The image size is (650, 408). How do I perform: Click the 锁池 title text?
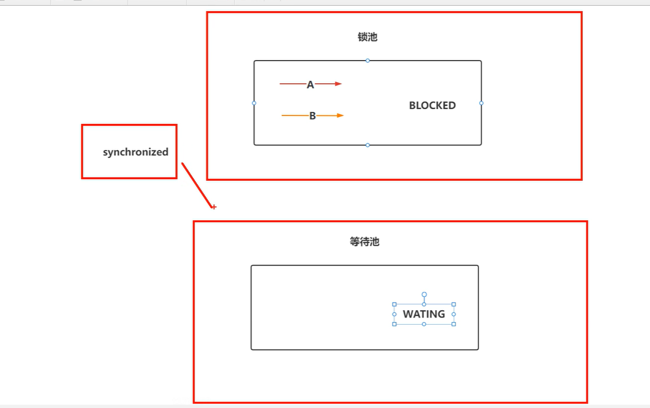click(367, 37)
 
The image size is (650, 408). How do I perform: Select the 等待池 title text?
click(364, 242)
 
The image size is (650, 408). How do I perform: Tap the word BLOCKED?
click(432, 105)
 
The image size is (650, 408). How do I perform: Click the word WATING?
click(424, 314)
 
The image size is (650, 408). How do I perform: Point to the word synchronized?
click(135, 152)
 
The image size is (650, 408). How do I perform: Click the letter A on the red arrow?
click(310, 85)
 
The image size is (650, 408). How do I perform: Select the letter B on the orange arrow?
click(312, 116)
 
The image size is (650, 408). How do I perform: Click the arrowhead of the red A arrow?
click(338, 83)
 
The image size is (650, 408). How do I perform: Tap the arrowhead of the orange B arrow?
click(340, 115)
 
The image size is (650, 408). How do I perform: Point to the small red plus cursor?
click(214, 207)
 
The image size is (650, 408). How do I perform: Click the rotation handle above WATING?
click(424, 295)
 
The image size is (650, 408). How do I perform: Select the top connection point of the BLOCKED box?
click(368, 61)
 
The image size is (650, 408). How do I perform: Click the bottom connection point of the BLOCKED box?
click(368, 145)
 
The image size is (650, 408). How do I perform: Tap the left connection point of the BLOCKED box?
click(254, 103)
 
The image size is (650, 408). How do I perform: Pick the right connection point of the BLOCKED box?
click(481, 103)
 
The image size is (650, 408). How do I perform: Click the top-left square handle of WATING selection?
click(394, 304)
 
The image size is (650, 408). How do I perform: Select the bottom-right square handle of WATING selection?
click(454, 324)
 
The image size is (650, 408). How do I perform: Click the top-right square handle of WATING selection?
click(454, 304)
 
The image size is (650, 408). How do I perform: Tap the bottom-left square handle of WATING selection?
click(394, 324)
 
